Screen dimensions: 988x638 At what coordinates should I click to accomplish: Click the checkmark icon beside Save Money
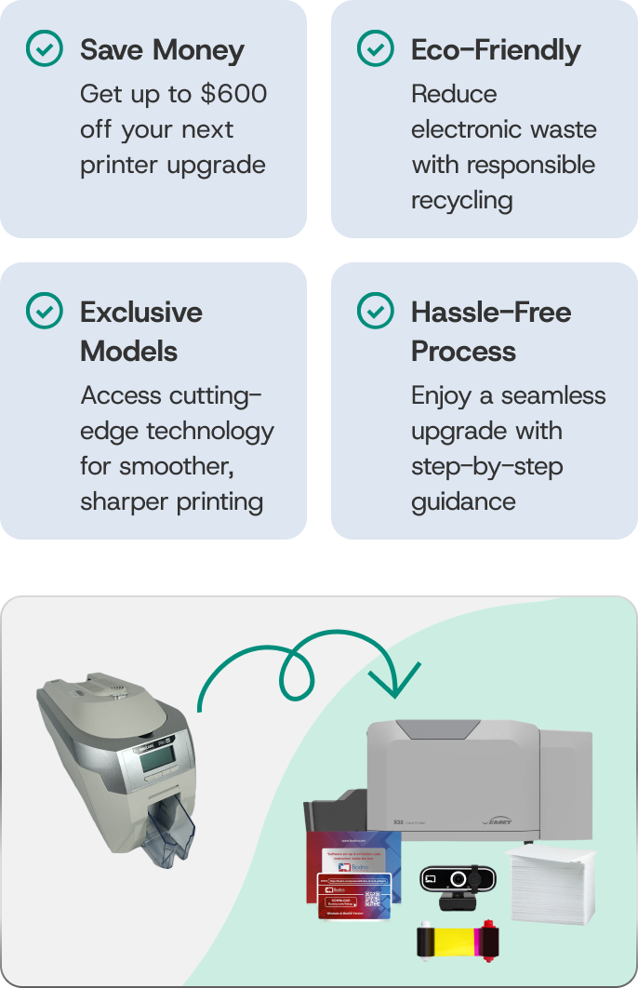pos(45,49)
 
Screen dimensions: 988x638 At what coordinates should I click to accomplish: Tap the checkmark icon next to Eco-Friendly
pos(376,49)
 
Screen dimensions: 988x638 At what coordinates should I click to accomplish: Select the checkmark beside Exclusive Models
pos(45,312)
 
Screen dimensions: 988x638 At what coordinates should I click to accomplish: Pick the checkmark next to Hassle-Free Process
pos(376,312)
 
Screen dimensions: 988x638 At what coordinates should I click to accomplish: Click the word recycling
pos(462,200)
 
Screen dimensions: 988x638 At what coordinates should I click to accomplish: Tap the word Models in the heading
pos(128,352)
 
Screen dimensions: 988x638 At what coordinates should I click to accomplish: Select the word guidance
pos(463,501)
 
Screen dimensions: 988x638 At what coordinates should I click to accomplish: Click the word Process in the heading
pos(463,352)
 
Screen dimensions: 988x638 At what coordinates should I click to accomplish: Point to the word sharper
pos(118,501)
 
